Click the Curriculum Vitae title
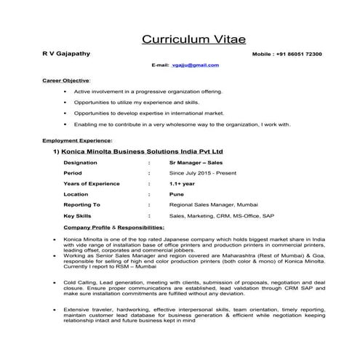(x=180, y=38)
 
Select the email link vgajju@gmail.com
(x=191, y=65)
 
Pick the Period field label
(x=73, y=174)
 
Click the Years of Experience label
(x=91, y=184)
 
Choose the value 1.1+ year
(x=180, y=184)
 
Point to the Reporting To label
(x=82, y=205)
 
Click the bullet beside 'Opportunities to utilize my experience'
(x=66, y=103)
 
